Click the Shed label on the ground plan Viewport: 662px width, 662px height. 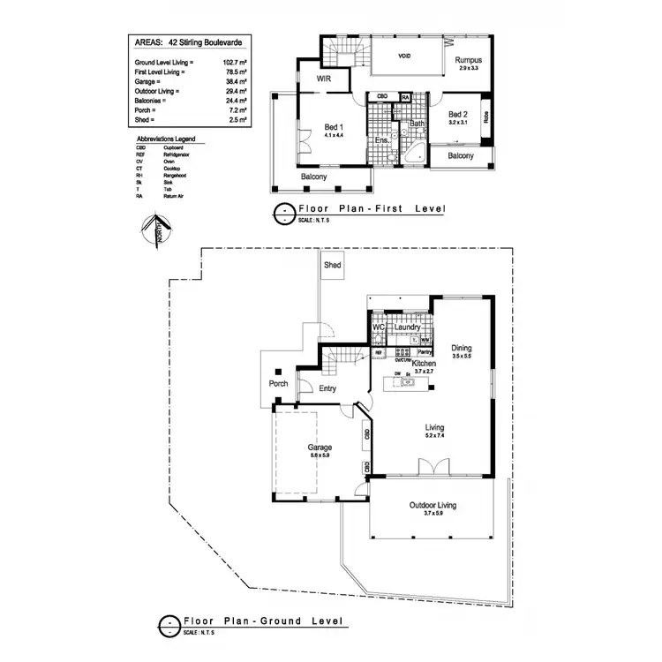(x=333, y=265)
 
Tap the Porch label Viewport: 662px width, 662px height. (x=278, y=384)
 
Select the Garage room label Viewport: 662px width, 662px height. (x=320, y=448)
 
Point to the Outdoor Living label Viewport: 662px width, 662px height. (x=433, y=506)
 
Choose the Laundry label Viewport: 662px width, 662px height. (x=408, y=327)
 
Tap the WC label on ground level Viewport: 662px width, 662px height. (x=378, y=327)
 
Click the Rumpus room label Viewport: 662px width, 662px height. (x=468, y=60)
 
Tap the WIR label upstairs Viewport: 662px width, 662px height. (x=324, y=78)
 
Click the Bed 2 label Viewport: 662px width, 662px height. (x=456, y=114)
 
